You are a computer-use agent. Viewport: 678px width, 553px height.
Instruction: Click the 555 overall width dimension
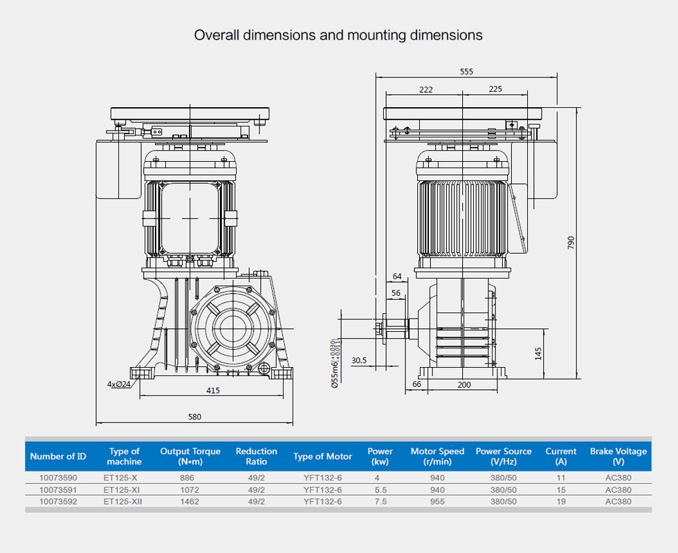[466, 71]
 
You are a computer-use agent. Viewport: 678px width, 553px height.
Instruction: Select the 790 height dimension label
[571, 243]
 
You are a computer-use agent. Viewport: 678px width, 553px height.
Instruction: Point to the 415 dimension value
[213, 391]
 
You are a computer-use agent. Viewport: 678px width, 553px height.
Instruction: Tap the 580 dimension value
[194, 417]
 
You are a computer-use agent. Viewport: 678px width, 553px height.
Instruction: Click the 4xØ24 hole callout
[118, 384]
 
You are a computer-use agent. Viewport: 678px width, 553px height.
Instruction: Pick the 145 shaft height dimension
[538, 353]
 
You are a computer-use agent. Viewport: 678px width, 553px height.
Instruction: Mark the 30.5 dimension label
[359, 360]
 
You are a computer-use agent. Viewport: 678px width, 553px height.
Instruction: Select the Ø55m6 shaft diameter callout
[334, 364]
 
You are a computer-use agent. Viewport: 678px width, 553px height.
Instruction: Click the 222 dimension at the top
[425, 89]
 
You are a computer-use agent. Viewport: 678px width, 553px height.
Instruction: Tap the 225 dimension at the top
[495, 89]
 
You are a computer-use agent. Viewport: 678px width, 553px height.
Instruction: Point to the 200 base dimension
[464, 384]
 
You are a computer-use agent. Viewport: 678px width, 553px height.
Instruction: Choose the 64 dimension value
[396, 276]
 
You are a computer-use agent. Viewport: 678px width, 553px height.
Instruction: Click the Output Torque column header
[190, 456]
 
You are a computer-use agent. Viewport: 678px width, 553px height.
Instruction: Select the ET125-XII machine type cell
[123, 502]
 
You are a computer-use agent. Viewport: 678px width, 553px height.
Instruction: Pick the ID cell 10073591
[58, 490]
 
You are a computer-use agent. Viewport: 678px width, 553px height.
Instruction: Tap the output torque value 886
[187, 478]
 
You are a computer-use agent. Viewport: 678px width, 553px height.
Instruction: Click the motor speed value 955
[437, 502]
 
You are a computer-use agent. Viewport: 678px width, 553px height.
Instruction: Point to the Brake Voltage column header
[619, 456]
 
